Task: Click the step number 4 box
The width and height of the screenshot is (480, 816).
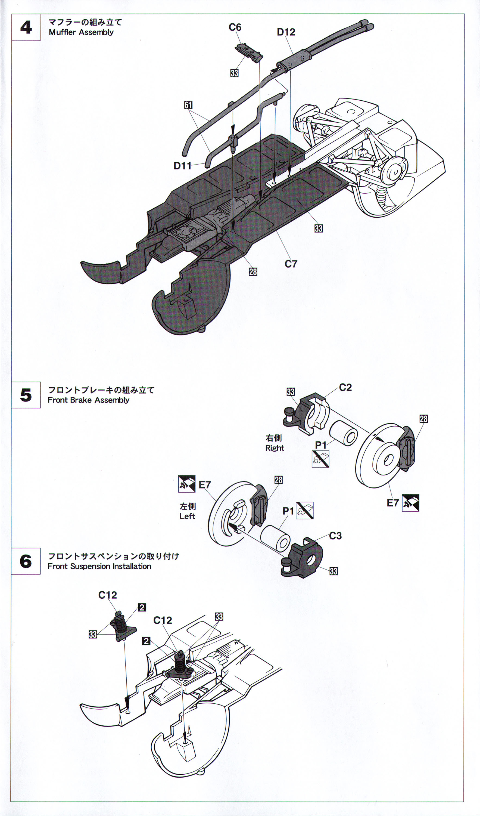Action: [x=26, y=27]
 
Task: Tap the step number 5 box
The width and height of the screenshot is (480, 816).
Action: [x=26, y=395]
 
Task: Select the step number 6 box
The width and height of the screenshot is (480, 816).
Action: [x=26, y=561]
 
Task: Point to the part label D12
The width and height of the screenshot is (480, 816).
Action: [x=286, y=32]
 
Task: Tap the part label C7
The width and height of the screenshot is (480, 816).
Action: [x=291, y=264]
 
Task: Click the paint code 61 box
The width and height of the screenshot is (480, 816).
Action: [x=188, y=105]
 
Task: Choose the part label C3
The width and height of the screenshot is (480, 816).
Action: [x=335, y=536]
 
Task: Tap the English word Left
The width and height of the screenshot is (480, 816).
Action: [x=187, y=516]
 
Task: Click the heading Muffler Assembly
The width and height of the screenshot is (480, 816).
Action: [x=81, y=32]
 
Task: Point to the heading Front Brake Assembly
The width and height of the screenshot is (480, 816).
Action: [x=88, y=400]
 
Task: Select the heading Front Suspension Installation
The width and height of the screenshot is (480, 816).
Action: [x=99, y=566]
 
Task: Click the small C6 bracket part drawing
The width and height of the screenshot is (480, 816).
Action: [x=249, y=53]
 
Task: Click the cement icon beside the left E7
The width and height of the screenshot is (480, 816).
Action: [x=187, y=484]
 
